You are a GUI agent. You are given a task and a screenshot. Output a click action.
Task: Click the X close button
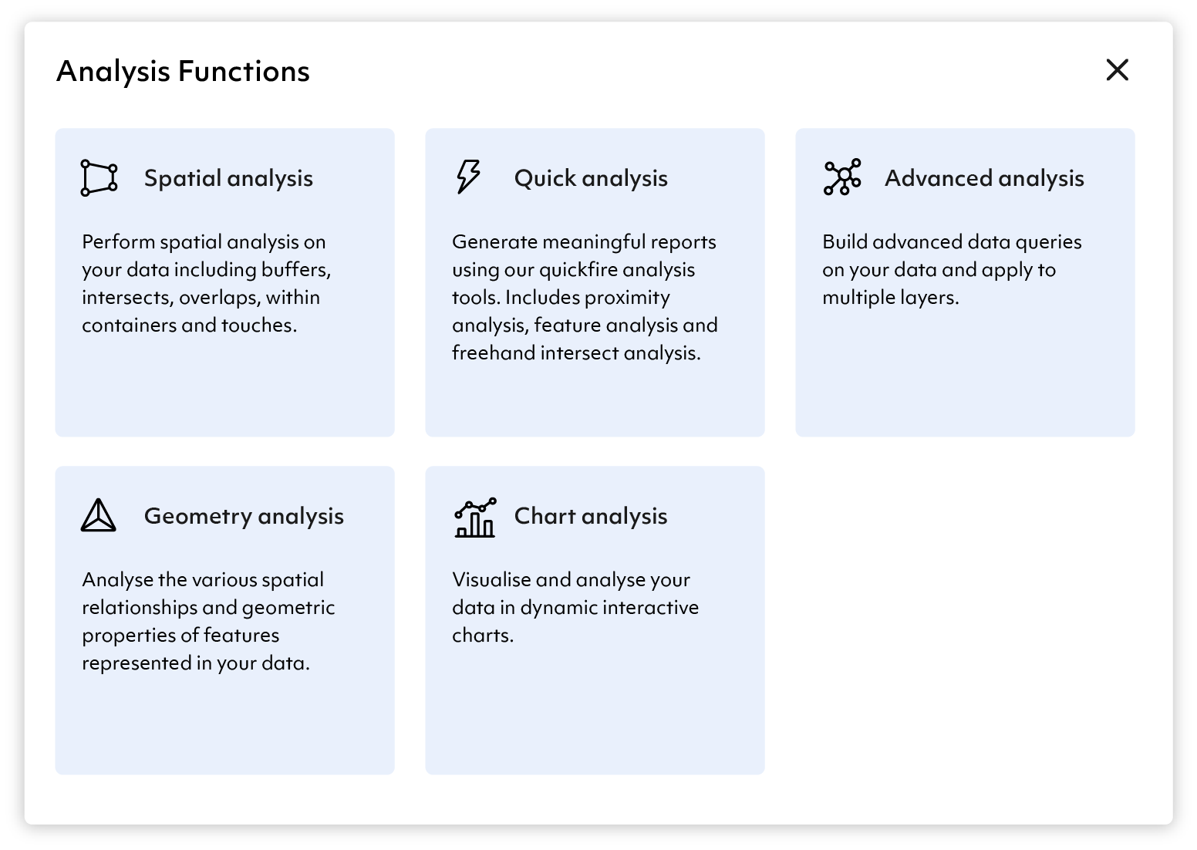[1117, 70]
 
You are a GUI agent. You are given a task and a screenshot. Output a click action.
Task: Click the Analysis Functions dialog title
[183, 72]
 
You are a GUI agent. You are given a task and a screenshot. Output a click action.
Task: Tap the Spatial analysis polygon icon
[99, 178]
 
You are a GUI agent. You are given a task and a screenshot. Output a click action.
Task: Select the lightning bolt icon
[469, 177]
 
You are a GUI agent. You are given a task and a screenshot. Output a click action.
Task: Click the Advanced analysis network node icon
[842, 177]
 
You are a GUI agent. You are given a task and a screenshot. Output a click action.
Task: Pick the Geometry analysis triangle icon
[98, 515]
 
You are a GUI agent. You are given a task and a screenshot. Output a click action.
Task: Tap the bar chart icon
[475, 517]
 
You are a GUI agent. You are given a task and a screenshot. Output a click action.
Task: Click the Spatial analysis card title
[228, 178]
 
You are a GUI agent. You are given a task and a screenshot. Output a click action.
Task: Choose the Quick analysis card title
[591, 178]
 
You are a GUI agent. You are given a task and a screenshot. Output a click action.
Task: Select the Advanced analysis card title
[984, 178]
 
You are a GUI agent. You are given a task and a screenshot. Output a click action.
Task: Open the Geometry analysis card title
[244, 516]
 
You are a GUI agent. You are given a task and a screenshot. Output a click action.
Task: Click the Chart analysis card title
[591, 516]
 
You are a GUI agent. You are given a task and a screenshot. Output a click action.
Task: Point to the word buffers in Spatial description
[296, 270]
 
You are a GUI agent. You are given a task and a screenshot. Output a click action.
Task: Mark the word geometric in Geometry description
[288, 608]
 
